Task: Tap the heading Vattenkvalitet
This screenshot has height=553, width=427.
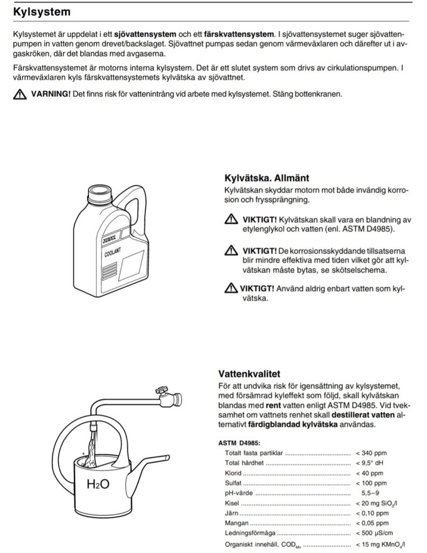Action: click(x=249, y=374)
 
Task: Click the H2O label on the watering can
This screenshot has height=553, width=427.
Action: click(x=98, y=484)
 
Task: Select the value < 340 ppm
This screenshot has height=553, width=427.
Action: click(x=371, y=453)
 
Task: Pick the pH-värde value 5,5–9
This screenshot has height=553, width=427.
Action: click(x=371, y=493)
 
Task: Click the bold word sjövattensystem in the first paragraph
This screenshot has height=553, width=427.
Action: click(x=145, y=35)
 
